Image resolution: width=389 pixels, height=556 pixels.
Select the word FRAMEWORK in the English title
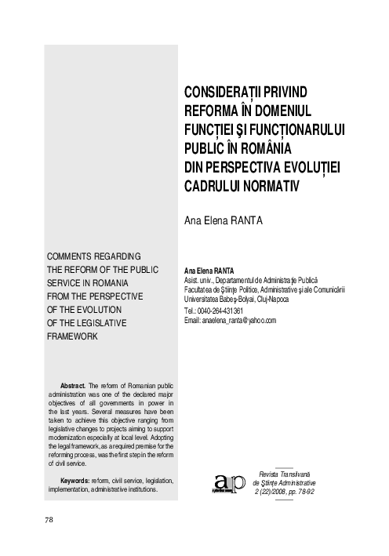[75, 336]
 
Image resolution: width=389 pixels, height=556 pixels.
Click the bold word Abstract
[73, 386]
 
